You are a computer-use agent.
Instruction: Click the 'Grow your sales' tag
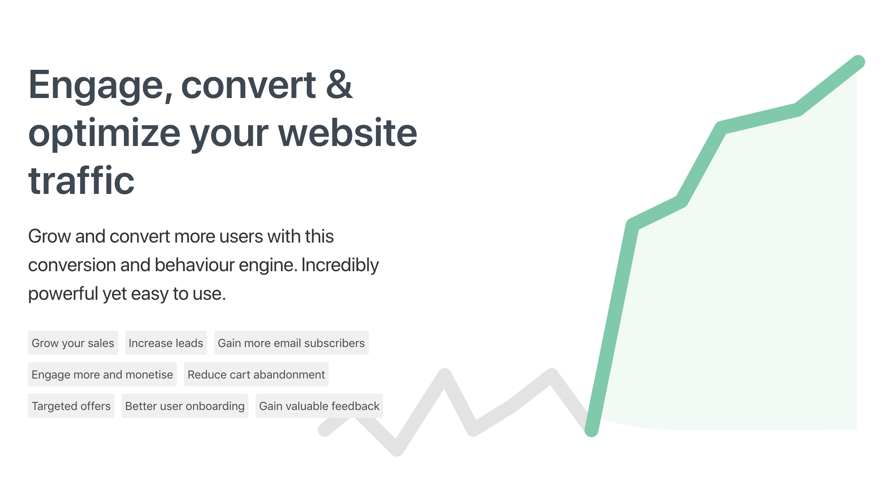click(x=73, y=343)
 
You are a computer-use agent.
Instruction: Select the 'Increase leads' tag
click(x=166, y=343)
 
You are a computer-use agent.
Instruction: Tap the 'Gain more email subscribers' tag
click(x=291, y=343)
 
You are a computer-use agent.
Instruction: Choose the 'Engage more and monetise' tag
click(x=102, y=374)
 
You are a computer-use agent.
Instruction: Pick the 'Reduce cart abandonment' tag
click(x=256, y=374)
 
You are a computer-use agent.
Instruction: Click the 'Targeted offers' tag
click(x=71, y=406)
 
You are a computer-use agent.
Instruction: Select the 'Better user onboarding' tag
click(x=185, y=406)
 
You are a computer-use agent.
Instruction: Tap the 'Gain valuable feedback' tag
click(x=319, y=406)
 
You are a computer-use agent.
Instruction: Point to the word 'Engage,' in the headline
click(x=100, y=86)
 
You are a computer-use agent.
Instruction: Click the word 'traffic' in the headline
click(x=81, y=181)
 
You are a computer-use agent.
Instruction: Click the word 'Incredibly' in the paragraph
click(x=340, y=265)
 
